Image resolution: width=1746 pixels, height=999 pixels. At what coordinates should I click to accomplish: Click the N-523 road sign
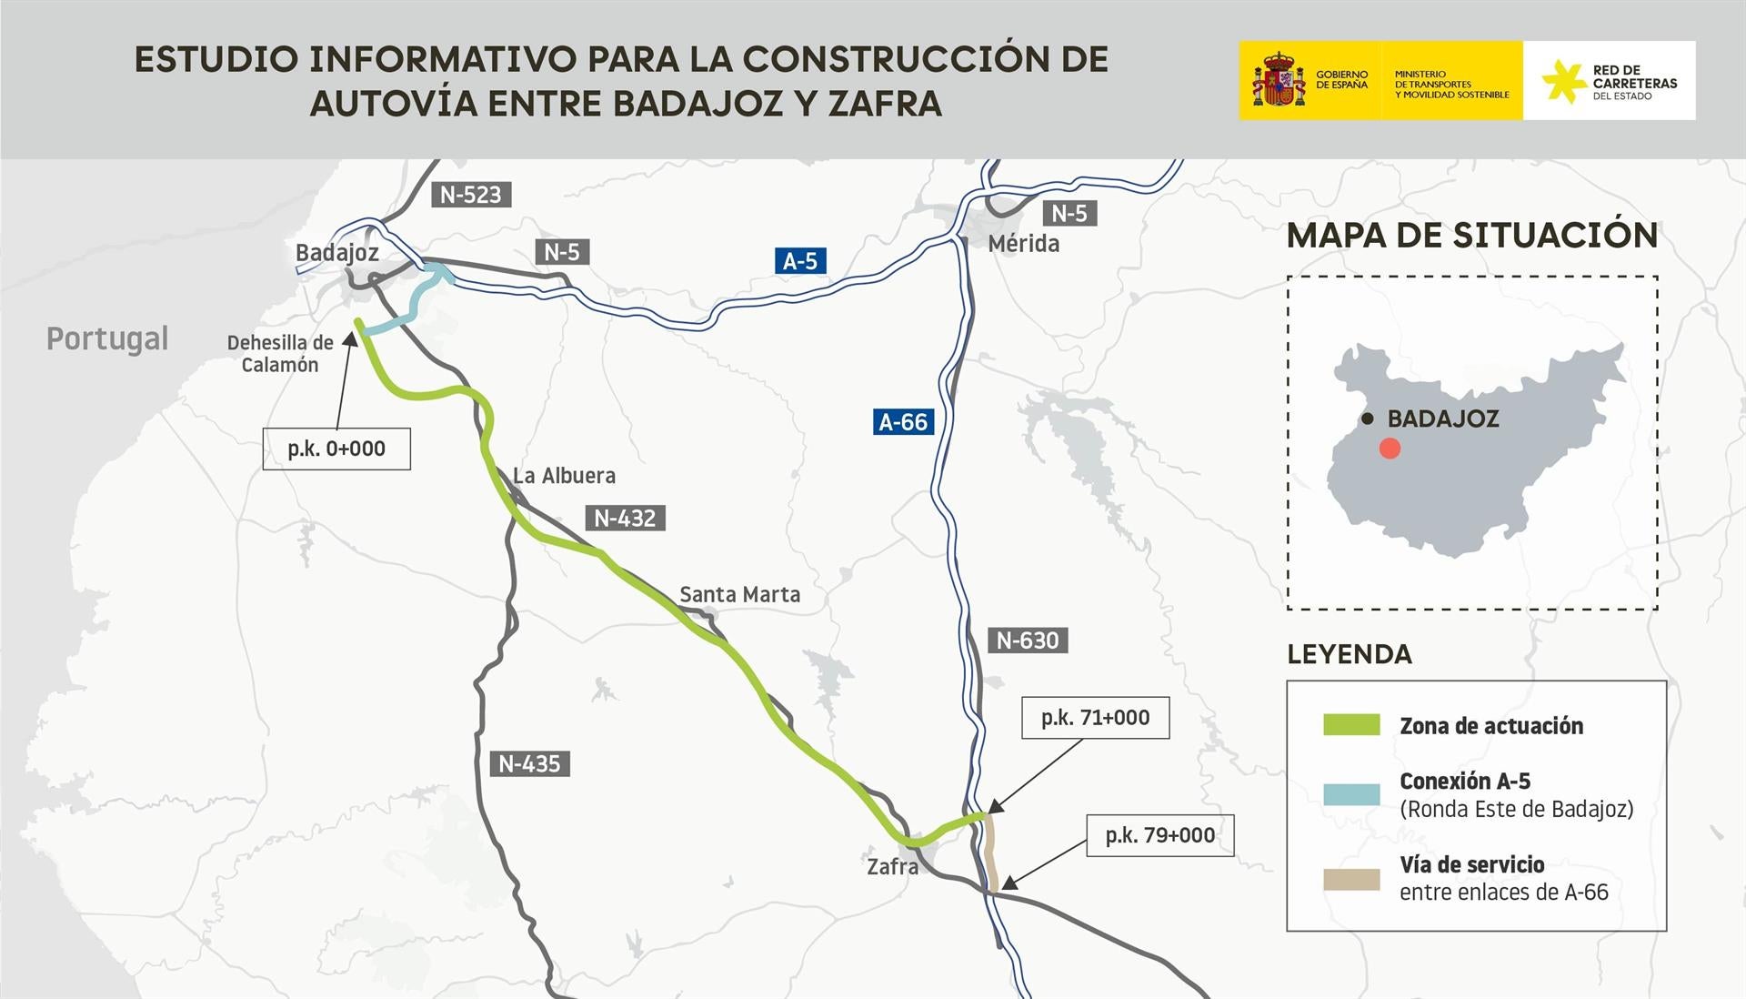(470, 194)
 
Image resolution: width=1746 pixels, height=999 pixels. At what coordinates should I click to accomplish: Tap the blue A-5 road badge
(800, 261)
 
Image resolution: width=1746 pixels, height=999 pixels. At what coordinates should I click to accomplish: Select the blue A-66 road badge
(903, 422)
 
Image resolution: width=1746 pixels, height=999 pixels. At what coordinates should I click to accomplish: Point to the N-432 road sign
(625, 518)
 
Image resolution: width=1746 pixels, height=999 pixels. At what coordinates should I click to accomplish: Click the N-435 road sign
(529, 763)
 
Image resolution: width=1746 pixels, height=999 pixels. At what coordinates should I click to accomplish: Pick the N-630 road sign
(1028, 641)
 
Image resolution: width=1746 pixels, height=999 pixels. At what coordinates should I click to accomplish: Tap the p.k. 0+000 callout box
(336, 449)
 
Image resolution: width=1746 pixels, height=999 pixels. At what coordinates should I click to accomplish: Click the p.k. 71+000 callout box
(1095, 718)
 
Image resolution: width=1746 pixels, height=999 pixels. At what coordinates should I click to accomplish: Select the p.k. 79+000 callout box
(1159, 835)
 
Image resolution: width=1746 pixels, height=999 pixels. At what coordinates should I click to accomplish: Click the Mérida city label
(1024, 244)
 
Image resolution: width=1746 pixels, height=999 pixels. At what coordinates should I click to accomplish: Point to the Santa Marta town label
(740, 595)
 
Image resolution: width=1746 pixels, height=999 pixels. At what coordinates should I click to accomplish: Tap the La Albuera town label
(564, 476)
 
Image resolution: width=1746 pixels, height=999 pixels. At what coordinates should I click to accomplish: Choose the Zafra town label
(892, 866)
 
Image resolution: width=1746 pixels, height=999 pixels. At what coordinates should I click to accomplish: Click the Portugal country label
(107, 338)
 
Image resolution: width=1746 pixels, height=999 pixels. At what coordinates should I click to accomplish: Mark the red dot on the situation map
(1390, 449)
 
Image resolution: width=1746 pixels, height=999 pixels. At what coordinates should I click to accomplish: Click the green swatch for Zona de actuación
(1351, 725)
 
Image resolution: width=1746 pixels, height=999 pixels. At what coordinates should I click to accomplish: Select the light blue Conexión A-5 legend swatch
(1351, 794)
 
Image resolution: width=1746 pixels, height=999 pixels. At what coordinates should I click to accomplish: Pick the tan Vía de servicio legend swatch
(1351, 879)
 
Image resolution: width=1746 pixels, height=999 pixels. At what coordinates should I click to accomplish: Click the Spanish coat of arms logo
(1279, 80)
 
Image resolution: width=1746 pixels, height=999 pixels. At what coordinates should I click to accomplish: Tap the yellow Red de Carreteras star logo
(1564, 81)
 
